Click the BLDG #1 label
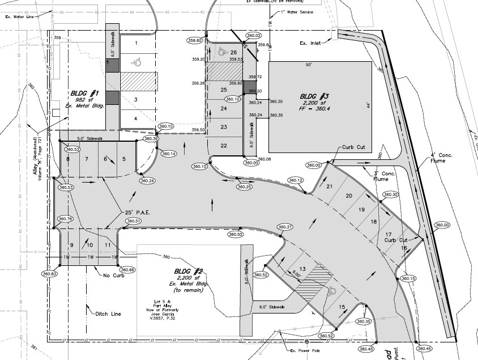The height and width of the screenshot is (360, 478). click(x=86, y=92)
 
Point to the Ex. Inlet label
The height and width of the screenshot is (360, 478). click(x=311, y=43)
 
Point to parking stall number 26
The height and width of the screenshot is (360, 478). click(x=233, y=53)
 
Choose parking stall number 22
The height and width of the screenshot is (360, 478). click(x=224, y=146)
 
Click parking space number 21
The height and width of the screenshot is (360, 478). click(x=330, y=186)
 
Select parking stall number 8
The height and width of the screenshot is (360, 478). click(x=68, y=159)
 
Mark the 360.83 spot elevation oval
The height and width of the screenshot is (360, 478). click(x=50, y=274)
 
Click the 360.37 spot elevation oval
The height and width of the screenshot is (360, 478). click(x=285, y=227)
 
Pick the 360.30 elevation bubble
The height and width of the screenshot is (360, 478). click(x=391, y=194)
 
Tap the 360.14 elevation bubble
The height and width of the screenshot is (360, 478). click(x=169, y=154)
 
